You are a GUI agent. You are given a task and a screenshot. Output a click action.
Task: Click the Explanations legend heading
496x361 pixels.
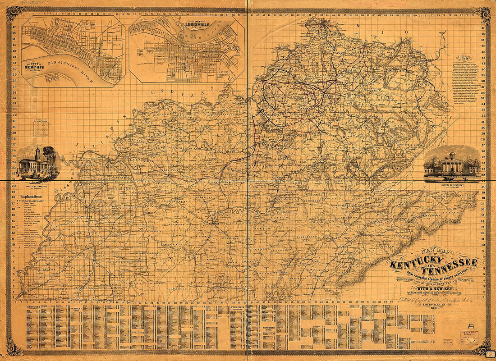32,197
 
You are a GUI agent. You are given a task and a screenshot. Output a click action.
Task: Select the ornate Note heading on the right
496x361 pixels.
463,58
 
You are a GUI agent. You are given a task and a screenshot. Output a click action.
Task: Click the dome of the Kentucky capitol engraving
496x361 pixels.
452,155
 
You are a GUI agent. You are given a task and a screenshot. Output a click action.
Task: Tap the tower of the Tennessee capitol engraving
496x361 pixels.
38,151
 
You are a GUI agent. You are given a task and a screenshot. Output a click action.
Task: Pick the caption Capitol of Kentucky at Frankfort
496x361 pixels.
452,185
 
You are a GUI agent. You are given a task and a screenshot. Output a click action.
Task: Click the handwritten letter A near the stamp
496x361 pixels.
470,325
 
